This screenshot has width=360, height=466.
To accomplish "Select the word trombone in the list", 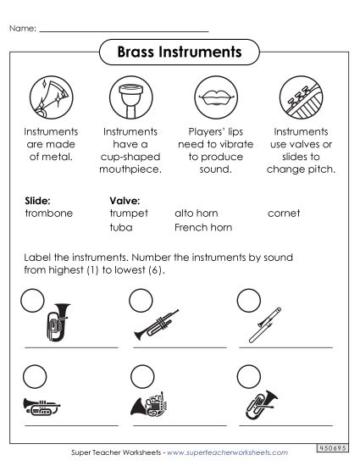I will [49, 214].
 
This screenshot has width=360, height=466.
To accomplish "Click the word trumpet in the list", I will [129, 214].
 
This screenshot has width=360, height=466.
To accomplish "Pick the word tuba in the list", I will [121, 227].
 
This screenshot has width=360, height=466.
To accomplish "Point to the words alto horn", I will [197, 214].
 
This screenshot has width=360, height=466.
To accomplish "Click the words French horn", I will [203, 227].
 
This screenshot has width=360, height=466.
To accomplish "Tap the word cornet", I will [284, 214].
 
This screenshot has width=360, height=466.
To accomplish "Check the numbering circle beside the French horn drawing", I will [141, 375].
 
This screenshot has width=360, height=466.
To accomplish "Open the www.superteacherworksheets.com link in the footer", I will [223, 453].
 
